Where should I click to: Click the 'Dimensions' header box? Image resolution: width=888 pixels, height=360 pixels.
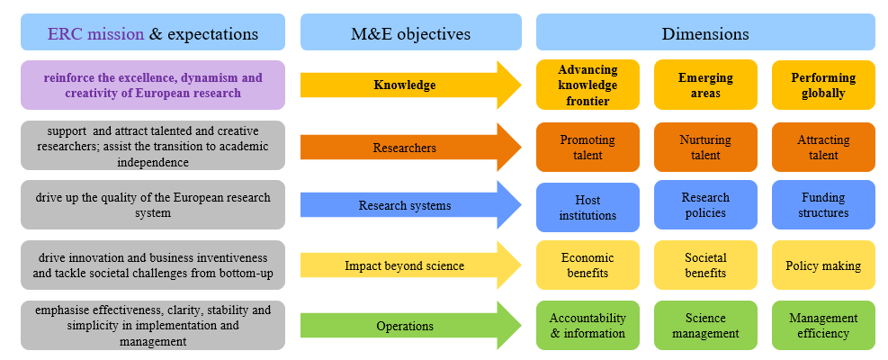click(705, 33)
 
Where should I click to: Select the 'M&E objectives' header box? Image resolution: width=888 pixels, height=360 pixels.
click(410, 33)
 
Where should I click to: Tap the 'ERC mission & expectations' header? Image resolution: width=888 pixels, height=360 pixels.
click(153, 33)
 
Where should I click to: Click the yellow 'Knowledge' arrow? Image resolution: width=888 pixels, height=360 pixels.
click(405, 85)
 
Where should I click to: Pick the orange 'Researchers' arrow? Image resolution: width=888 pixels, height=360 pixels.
click(405, 147)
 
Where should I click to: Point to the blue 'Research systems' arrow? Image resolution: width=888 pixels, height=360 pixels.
click(405, 206)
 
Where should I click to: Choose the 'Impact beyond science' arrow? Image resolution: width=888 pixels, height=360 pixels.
click(405, 265)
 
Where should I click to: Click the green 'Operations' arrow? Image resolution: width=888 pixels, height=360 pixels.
click(405, 325)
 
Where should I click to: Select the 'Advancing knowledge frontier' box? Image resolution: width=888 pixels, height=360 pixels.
click(588, 85)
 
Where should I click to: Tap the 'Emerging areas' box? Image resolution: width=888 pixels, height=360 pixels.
click(705, 85)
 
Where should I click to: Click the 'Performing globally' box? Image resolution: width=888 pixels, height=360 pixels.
click(823, 85)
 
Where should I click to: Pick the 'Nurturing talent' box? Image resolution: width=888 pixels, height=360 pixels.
click(705, 147)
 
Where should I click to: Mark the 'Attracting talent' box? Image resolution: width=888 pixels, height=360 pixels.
click(823, 147)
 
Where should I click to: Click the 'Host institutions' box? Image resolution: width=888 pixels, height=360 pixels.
click(588, 207)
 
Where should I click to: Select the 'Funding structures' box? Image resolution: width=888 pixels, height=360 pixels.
click(823, 205)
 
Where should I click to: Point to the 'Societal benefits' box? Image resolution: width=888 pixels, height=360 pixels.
click(705, 265)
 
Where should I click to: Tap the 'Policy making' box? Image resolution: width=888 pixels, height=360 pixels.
click(823, 265)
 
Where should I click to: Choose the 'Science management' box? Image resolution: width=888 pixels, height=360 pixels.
click(705, 325)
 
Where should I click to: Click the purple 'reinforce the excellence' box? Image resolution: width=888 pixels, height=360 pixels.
click(153, 85)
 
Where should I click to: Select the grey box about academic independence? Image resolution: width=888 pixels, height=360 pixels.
click(153, 146)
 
